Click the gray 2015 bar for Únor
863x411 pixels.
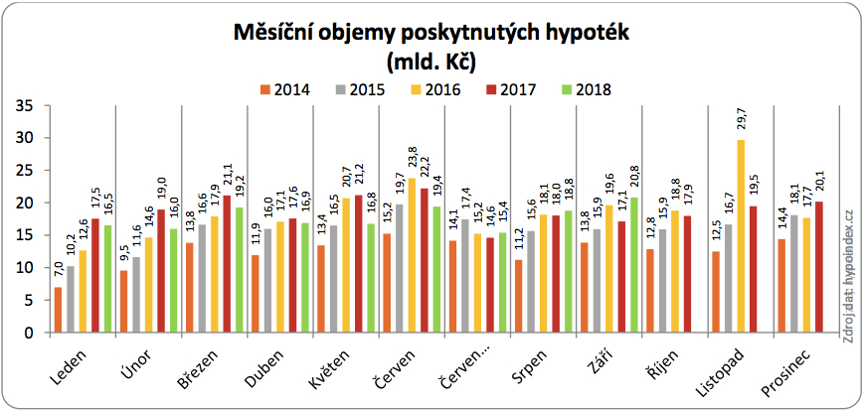(135, 295)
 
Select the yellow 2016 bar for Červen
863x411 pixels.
(411, 255)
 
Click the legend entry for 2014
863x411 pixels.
(283, 89)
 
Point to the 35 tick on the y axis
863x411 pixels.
(26, 105)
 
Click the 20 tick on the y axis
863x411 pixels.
(26, 203)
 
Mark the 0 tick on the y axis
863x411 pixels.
(30, 333)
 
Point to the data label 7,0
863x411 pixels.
(58, 271)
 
